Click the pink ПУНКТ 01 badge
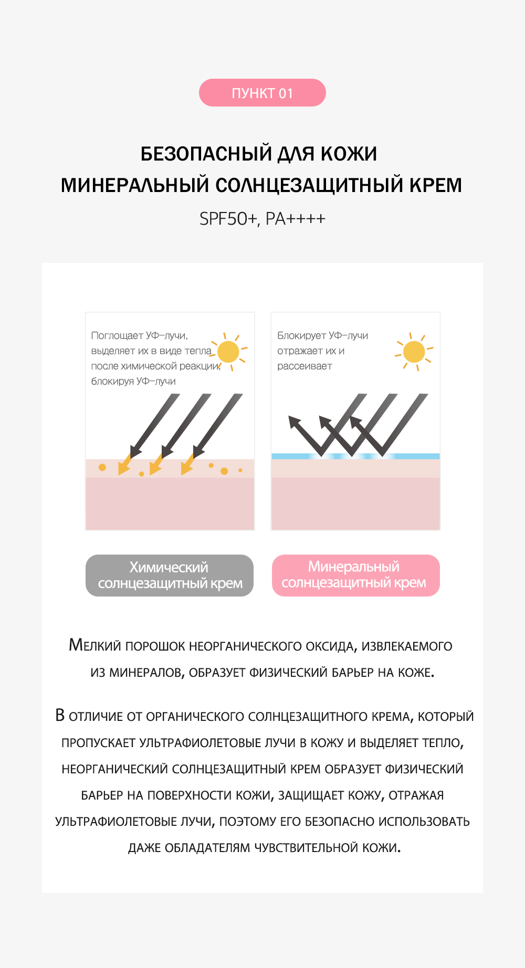(262, 93)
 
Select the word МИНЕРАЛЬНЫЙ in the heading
(135, 185)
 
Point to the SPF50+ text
(227, 219)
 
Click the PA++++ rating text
(296, 219)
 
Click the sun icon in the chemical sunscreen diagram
(228, 352)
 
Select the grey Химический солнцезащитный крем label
(170, 576)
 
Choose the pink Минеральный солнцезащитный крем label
(355, 576)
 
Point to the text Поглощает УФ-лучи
(139, 336)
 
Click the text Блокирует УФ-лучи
(322, 336)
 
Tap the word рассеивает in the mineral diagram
(304, 366)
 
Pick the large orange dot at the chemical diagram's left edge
(102, 467)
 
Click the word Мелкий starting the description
(95, 645)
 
